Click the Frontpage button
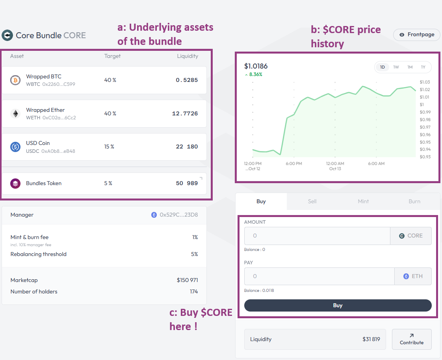coord(416,35)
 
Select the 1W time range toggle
coord(396,67)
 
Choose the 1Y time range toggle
coord(423,67)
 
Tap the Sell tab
coord(312,201)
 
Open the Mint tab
coord(363,201)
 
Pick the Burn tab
coord(414,201)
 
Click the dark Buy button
coord(338,305)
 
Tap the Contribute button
coord(412,339)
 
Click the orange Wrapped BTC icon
coord(15,80)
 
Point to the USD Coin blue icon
coord(15,147)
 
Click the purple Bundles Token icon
coord(15,184)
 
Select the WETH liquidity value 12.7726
coord(185,113)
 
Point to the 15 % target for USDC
coord(109,147)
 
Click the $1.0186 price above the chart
coord(256,66)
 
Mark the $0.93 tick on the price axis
coord(425,157)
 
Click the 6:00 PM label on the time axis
coord(294,163)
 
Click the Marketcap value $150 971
coord(187,280)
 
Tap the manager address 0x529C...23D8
coord(178,215)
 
